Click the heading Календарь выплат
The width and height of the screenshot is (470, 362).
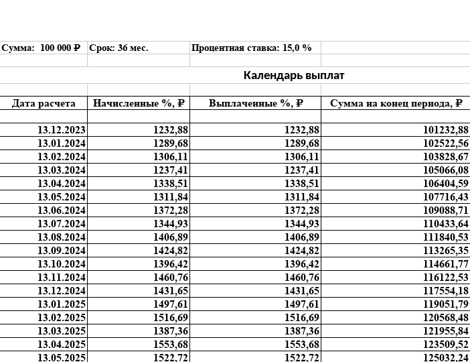coord(293,75)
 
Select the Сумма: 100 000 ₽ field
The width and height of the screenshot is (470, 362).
coord(41,48)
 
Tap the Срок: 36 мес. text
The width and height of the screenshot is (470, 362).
coord(119,48)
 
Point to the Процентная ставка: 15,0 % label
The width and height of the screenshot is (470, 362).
coord(252,48)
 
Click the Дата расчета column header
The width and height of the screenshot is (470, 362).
coord(44,103)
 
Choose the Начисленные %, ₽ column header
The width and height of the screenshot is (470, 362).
coord(139,103)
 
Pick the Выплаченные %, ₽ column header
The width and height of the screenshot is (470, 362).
coord(256,103)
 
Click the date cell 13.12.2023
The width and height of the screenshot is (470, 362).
coord(62,130)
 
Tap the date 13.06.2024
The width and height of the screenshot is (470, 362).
coord(62,210)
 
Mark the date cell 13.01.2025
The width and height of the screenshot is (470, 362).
coord(62,304)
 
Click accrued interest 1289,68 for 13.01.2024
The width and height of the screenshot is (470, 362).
coord(170,143)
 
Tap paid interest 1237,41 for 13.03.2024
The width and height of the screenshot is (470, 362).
coord(301,170)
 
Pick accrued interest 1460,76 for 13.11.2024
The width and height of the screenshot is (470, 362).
coord(170,278)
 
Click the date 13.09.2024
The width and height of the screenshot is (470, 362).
coord(62,251)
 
